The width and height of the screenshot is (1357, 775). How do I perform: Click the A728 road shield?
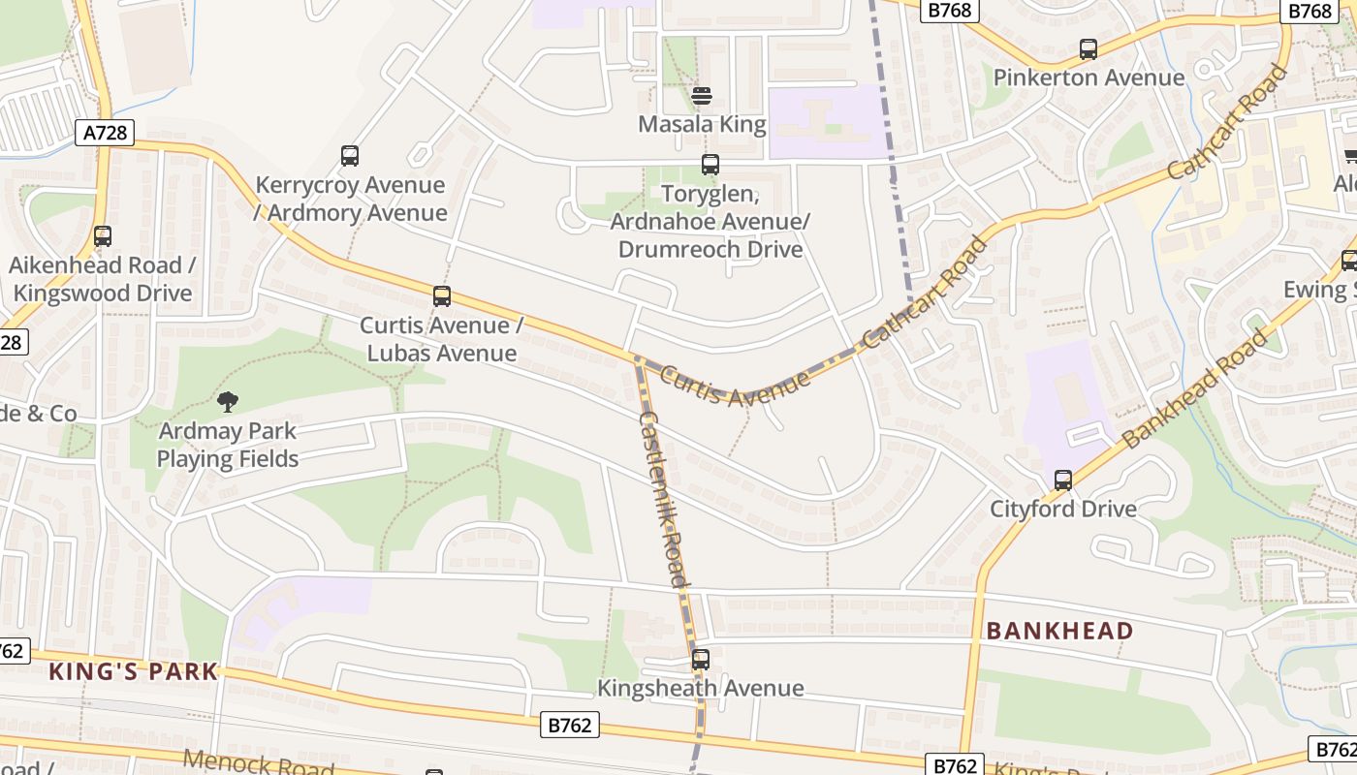tap(105, 133)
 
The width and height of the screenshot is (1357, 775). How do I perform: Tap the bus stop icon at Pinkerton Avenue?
tap(1089, 49)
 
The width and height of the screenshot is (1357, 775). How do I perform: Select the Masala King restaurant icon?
tap(702, 96)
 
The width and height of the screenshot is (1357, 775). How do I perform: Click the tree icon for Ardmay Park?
tap(228, 401)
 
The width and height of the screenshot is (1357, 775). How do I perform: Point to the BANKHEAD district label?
tap(1059, 632)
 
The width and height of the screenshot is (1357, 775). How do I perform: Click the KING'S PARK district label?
tap(134, 671)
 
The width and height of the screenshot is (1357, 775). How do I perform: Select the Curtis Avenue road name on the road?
tap(736, 386)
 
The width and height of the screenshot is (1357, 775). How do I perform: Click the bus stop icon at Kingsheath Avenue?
tap(701, 660)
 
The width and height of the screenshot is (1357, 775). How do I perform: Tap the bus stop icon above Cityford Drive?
tap(1063, 480)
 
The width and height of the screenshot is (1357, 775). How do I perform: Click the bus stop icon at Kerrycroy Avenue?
tap(350, 156)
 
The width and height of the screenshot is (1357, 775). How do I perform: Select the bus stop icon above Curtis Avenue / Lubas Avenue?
tap(442, 296)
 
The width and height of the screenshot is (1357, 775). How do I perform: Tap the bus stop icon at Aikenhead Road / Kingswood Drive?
tap(103, 236)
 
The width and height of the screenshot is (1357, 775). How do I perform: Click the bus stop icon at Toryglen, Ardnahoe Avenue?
tap(710, 166)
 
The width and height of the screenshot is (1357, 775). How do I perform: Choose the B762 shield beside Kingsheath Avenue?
tap(570, 725)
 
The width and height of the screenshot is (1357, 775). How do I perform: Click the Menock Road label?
tap(257, 764)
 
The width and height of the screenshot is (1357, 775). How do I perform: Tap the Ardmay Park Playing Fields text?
tap(228, 445)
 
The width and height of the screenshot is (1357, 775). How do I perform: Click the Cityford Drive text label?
tap(1063, 509)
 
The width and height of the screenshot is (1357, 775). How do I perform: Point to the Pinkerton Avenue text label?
tap(1089, 77)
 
